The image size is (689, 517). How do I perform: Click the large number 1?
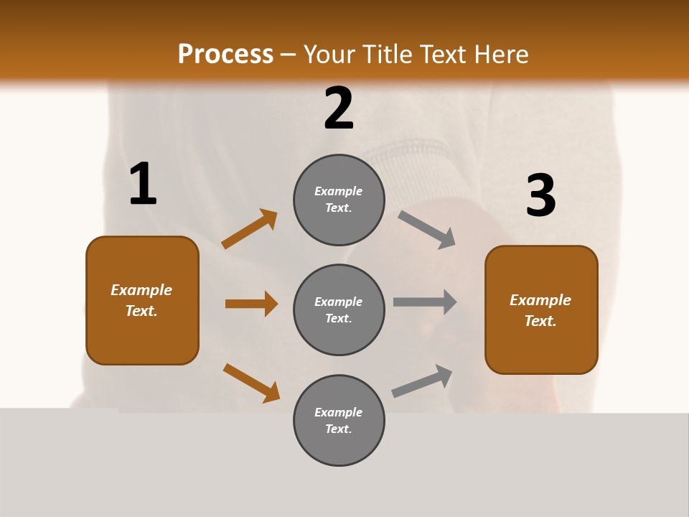(143, 185)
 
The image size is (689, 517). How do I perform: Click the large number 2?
(339, 109)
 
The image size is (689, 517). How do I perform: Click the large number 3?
(540, 196)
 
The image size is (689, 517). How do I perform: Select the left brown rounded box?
(142, 300)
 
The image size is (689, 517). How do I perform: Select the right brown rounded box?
(541, 309)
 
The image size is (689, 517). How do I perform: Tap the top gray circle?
(339, 200)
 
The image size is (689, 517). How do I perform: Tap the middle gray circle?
(339, 309)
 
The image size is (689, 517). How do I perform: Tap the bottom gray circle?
(339, 420)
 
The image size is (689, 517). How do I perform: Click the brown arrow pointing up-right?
(250, 229)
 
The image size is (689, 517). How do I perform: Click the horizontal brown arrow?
(251, 304)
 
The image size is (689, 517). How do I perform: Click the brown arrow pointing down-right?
(251, 383)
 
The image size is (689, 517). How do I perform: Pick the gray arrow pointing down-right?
(427, 230)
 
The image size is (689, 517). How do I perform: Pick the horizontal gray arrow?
(425, 302)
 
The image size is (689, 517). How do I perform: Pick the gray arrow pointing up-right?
(422, 381)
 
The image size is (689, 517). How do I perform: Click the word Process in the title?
(225, 54)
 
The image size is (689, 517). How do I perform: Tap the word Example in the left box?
(141, 290)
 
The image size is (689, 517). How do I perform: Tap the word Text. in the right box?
(540, 321)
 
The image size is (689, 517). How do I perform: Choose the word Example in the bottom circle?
(339, 412)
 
